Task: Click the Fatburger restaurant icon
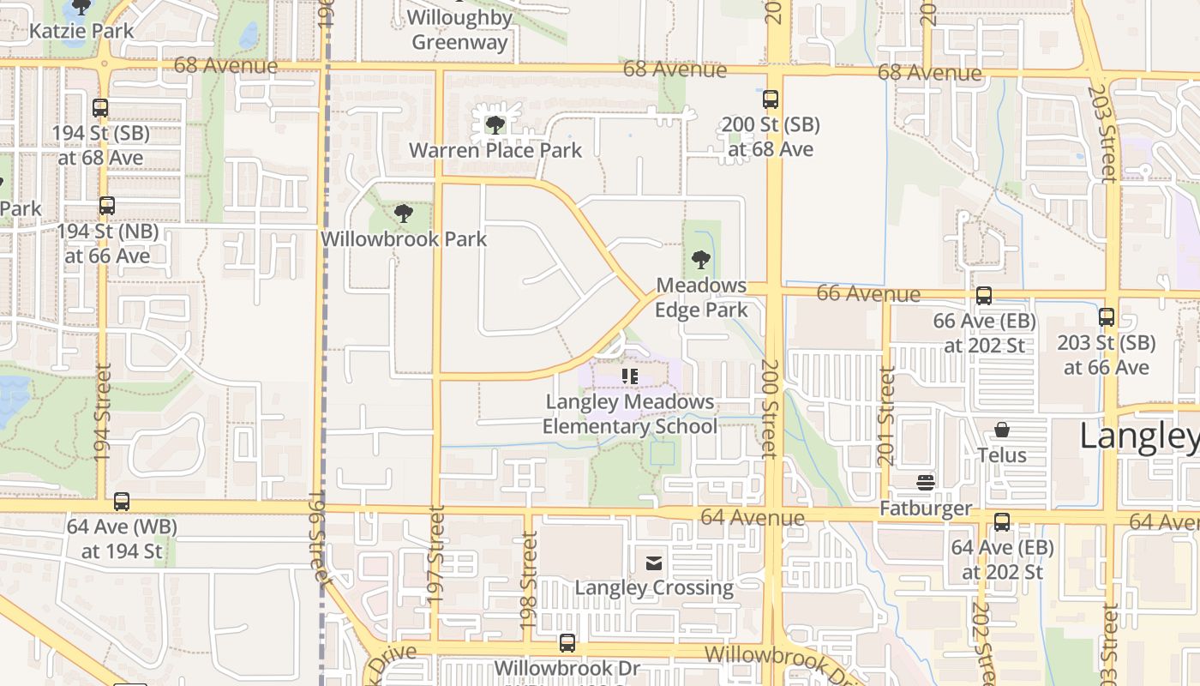925,482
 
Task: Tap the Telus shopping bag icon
1001,429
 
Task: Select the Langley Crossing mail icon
654,563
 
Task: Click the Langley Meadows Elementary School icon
630,376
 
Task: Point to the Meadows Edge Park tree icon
701,259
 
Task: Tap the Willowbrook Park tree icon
403,213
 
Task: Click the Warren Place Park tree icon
495,125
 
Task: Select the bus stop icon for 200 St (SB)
771,99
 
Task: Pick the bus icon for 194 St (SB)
100,108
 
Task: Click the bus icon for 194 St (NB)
106,206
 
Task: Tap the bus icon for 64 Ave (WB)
122,502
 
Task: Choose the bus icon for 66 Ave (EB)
984,296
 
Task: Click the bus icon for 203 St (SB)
1107,317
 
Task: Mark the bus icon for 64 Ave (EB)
1001,521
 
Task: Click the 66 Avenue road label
868,293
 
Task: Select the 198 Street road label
529,581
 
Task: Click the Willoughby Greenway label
459,29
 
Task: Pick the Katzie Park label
81,31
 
